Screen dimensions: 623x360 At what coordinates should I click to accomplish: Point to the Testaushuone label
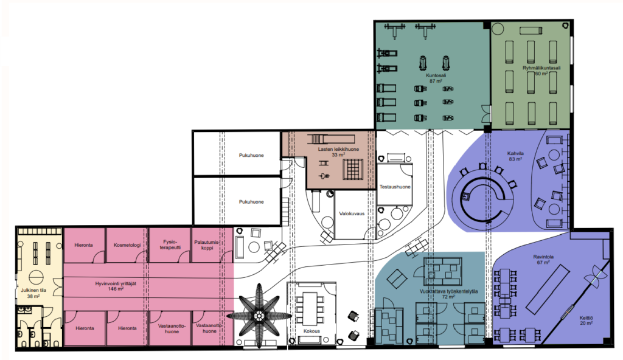pos(395,187)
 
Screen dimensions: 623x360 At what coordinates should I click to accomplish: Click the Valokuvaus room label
pos(352,213)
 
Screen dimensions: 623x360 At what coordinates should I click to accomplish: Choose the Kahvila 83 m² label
pos(515,156)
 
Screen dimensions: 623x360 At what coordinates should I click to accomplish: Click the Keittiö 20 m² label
pos(586,320)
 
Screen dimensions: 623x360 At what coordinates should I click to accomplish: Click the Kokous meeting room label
pos(311,331)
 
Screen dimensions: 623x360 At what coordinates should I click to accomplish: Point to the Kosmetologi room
pos(127,245)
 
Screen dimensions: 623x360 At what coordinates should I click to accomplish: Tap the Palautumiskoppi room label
pos(207,245)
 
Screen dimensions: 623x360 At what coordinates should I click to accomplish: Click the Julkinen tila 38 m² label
pos(33,293)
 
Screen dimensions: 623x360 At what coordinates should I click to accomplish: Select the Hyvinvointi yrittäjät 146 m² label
pos(116,286)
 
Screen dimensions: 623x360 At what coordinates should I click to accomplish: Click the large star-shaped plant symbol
pos(259,316)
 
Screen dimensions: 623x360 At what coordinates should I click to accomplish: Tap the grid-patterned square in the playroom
pos(353,169)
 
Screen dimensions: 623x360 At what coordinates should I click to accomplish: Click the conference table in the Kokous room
pos(311,308)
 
